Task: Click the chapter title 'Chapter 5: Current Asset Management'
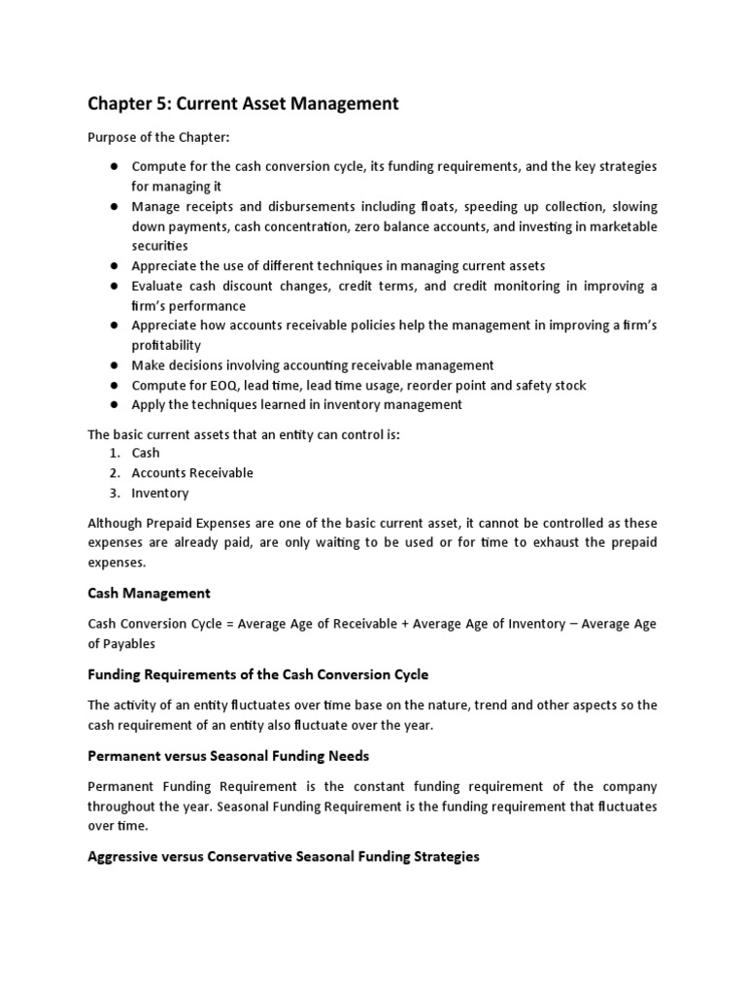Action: [243, 103]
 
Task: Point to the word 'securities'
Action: [161, 246]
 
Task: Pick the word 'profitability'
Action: [165, 345]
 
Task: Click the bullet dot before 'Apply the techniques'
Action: [114, 405]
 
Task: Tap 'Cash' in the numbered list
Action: [146, 453]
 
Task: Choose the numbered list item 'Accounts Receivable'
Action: [192, 472]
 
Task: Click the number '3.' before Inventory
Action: [115, 493]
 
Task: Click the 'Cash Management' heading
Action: [149, 593]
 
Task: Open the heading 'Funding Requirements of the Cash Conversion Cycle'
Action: [257, 674]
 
